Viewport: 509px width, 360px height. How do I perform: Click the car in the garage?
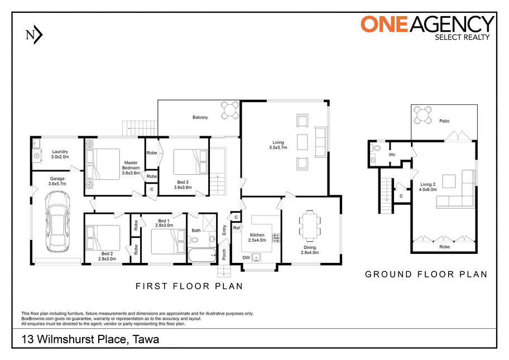pyautogui.click(x=58, y=222)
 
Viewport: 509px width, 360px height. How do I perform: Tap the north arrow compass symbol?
pyautogui.click(x=34, y=35)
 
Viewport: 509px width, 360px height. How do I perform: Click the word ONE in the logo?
pyautogui.click(x=385, y=25)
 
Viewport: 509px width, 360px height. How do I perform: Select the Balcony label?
pyautogui.click(x=200, y=117)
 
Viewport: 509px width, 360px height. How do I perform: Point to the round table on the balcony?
pyautogui.click(x=230, y=111)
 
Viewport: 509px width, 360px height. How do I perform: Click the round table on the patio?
pyautogui.click(x=422, y=116)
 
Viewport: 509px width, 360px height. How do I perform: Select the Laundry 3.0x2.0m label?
pyautogui.click(x=60, y=154)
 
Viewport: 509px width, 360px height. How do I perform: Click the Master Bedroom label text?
pyautogui.click(x=131, y=165)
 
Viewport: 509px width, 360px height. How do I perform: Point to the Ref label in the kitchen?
pyautogui.click(x=236, y=228)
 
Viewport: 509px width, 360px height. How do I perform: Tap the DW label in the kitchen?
pyautogui.click(x=246, y=258)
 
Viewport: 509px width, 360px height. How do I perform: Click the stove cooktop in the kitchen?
pyautogui.click(x=276, y=238)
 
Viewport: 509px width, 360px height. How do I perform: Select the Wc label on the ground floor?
pyautogui.click(x=392, y=155)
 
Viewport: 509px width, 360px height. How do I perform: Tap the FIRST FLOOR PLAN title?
pyautogui.click(x=189, y=286)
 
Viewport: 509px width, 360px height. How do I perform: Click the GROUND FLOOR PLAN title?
pyautogui.click(x=426, y=274)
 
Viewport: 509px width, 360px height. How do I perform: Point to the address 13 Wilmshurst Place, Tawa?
pyautogui.click(x=90, y=339)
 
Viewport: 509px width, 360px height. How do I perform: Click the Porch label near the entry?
pyautogui.click(x=224, y=255)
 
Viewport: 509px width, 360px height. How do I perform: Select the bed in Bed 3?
pyautogui.click(x=190, y=162)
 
